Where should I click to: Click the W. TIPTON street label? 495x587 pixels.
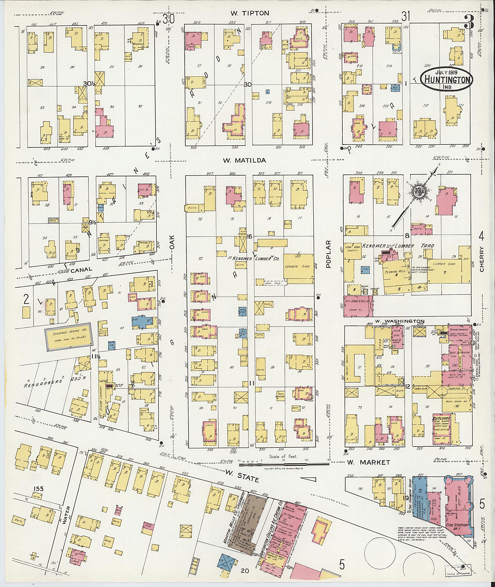tap(250, 13)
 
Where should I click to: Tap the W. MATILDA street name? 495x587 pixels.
tap(244, 160)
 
